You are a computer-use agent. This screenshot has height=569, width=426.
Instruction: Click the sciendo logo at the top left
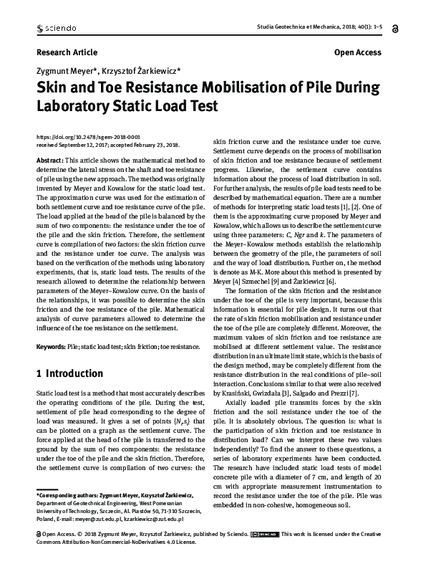(58, 28)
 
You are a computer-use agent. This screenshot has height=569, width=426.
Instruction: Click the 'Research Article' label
(66, 53)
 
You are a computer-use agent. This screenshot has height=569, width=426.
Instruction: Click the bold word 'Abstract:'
(49, 160)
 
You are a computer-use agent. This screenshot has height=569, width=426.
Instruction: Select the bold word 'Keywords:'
(51, 347)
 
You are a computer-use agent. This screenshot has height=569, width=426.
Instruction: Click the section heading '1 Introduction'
(69, 373)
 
